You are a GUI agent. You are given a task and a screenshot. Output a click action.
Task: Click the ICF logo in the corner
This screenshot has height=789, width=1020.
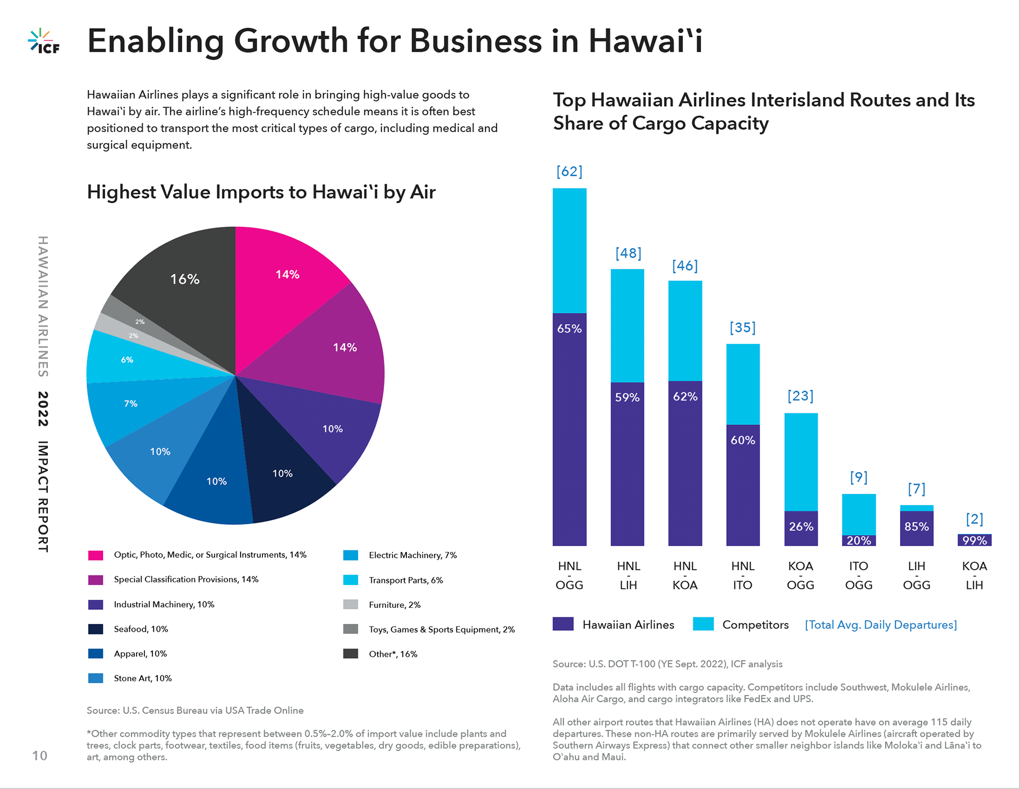(44, 41)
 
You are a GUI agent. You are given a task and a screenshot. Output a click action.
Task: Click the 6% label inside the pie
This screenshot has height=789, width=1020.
(127, 360)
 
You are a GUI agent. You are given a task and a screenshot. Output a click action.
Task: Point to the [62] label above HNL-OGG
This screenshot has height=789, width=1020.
(569, 172)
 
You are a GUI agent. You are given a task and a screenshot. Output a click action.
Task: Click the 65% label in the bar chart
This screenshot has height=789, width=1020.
(569, 329)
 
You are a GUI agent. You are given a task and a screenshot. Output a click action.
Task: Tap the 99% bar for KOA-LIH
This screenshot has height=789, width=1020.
(974, 540)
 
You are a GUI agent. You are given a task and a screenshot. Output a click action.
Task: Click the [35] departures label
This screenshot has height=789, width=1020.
(743, 327)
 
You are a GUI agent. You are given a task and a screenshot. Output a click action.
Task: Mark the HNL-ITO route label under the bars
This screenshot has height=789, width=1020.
(743, 575)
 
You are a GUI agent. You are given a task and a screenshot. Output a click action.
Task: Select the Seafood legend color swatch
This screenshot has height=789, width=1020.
(96, 629)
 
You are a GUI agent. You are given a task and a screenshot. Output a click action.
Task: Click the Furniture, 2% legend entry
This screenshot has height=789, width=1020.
(395, 605)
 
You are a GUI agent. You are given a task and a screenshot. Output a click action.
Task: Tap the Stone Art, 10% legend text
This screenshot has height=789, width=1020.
(142, 678)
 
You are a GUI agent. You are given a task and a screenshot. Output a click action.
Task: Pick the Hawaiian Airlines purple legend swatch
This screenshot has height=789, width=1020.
(563, 624)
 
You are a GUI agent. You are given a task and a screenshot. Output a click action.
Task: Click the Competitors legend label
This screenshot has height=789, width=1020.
(755, 625)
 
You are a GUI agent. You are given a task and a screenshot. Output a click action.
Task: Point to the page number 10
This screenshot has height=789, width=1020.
(40, 756)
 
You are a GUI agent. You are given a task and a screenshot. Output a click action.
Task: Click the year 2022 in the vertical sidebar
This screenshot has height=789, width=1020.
(43, 409)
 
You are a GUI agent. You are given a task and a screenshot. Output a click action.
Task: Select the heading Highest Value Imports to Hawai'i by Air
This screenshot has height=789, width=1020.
(261, 192)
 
